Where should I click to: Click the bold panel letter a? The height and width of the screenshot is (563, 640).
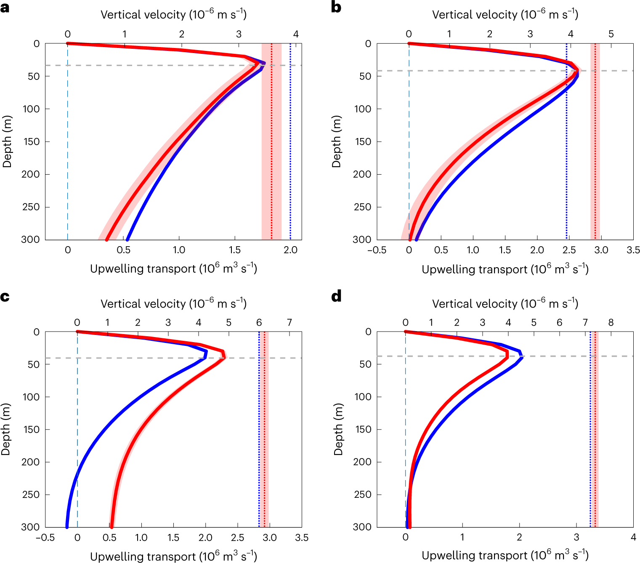click(x=5, y=8)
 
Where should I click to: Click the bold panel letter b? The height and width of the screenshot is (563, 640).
click(x=336, y=8)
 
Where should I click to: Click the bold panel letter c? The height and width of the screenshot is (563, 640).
click(x=5, y=297)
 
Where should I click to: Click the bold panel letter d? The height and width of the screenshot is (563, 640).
click(x=336, y=297)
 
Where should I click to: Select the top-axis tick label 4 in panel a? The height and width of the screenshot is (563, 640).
click(x=296, y=34)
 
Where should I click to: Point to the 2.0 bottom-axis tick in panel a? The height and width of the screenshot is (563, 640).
click(x=290, y=250)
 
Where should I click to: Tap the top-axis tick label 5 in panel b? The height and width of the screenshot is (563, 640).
click(x=611, y=34)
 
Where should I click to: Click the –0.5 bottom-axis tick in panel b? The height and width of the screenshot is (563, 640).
click(x=377, y=250)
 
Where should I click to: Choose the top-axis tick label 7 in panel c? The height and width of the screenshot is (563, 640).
click(x=289, y=322)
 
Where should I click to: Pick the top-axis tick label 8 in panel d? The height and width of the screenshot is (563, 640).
click(x=611, y=322)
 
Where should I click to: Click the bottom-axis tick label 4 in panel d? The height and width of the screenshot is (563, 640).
click(x=633, y=537)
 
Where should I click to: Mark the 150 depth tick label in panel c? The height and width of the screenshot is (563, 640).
click(x=31, y=430)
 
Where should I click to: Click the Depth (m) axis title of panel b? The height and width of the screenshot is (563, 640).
click(x=336, y=141)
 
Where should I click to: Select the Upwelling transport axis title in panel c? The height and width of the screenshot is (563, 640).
click(x=173, y=556)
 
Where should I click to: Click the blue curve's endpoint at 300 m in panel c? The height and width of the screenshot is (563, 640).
click(x=67, y=526)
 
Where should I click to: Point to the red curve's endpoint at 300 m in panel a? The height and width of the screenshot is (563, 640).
click(x=107, y=239)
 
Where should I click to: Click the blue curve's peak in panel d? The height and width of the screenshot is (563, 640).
click(x=521, y=357)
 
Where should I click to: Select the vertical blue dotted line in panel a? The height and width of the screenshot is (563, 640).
click(x=290, y=139)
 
